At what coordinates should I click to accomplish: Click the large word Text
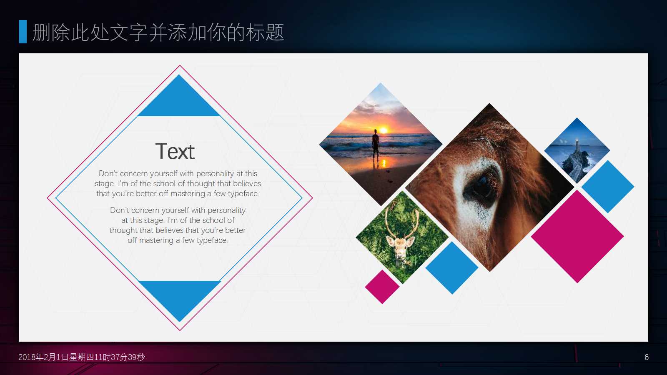pos(175,151)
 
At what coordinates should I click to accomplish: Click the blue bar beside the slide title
pos(23,32)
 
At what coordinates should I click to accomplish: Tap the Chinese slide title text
pos(158,32)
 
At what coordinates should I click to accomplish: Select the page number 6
pos(647,357)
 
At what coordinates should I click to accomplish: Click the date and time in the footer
pos(82,357)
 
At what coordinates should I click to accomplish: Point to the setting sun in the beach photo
pos(384,130)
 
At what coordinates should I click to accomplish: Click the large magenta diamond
pos(577,237)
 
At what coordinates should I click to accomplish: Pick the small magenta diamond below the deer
pos(382,287)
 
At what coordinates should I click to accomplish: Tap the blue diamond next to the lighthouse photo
pos(608,187)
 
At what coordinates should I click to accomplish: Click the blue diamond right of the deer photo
pos(452,268)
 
